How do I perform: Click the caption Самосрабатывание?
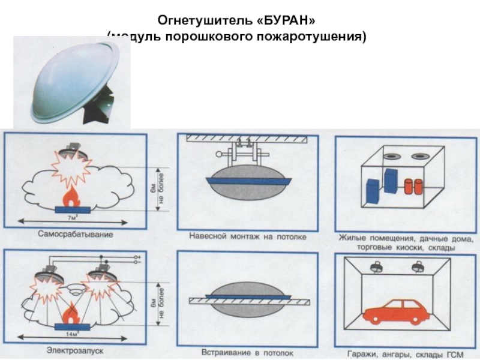click(75, 233)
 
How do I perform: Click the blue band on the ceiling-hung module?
click(248, 180)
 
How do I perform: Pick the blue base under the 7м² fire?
click(73, 209)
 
